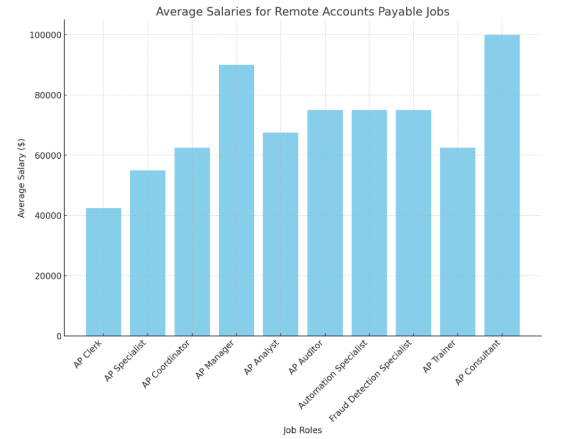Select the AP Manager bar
pyautogui.click(x=237, y=201)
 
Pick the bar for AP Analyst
pyautogui.click(x=281, y=234)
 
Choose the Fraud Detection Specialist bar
pyautogui.click(x=414, y=223)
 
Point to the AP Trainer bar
pyautogui.click(x=458, y=242)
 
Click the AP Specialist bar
pyautogui.click(x=148, y=253)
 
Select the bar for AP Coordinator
pyautogui.click(x=192, y=242)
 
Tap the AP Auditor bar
pyautogui.click(x=325, y=223)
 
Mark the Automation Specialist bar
pyautogui.click(x=369, y=223)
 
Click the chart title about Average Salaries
pyautogui.click(x=302, y=11)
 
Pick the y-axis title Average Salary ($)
pyautogui.click(x=22, y=178)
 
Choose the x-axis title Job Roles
pyautogui.click(x=302, y=430)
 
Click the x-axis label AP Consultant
pyautogui.click(x=478, y=362)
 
